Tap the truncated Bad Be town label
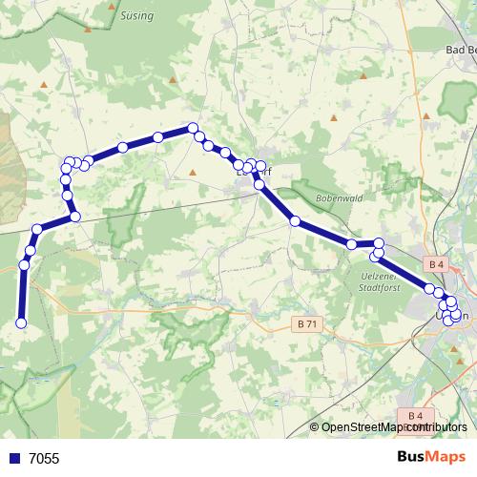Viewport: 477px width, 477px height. point(461,50)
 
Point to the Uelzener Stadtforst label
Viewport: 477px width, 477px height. point(380,280)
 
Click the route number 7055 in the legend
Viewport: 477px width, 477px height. point(44,459)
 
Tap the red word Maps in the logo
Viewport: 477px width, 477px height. point(446,457)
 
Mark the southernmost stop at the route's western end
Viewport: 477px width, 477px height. point(21,324)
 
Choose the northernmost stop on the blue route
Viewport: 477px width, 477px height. point(193,128)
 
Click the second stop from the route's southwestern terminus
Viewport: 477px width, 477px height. point(24,264)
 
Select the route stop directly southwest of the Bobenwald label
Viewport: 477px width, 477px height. point(296,221)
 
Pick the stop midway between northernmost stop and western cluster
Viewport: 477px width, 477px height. point(123,147)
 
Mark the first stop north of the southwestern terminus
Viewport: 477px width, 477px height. point(24,264)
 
